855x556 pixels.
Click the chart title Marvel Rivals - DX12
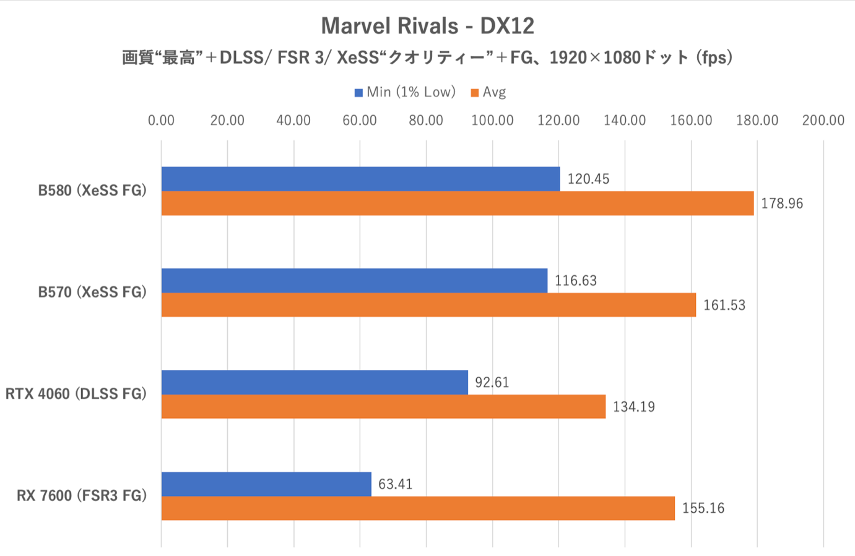tap(427, 26)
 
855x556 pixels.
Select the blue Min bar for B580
tap(360, 179)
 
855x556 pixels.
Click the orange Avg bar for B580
tap(458, 203)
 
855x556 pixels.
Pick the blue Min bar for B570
tap(354, 281)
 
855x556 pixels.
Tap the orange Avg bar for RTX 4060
tap(383, 406)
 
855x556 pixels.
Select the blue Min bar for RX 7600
tap(266, 484)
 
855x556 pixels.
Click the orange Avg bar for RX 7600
tap(418, 508)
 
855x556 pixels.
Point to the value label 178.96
tap(781, 203)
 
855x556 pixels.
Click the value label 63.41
tap(395, 484)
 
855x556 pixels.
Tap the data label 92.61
tap(492, 382)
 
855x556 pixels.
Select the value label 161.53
tap(724, 305)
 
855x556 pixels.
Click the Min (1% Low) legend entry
tap(405, 92)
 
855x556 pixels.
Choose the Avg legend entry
tap(488, 92)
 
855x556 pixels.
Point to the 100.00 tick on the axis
tap(492, 120)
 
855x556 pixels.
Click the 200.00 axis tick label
tap(823, 120)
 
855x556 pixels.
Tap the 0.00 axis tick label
tap(161, 120)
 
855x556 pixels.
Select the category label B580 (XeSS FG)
tap(92, 190)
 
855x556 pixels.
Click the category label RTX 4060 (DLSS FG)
tap(76, 394)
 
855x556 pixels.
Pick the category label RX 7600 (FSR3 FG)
tap(82, 495)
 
